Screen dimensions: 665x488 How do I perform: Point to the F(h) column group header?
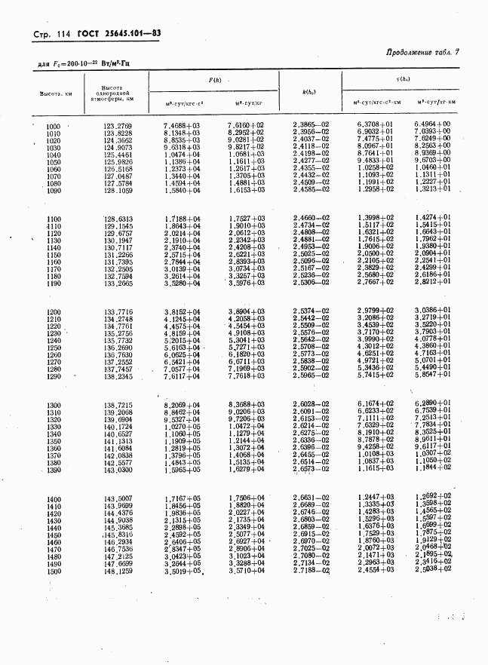tap(215, 81)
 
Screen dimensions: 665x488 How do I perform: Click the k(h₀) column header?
tap(309, 91)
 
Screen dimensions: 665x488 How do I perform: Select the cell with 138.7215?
tap(118, 406)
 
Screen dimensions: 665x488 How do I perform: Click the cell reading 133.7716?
tap(118, 311)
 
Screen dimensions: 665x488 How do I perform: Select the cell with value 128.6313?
tap(118, 218)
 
